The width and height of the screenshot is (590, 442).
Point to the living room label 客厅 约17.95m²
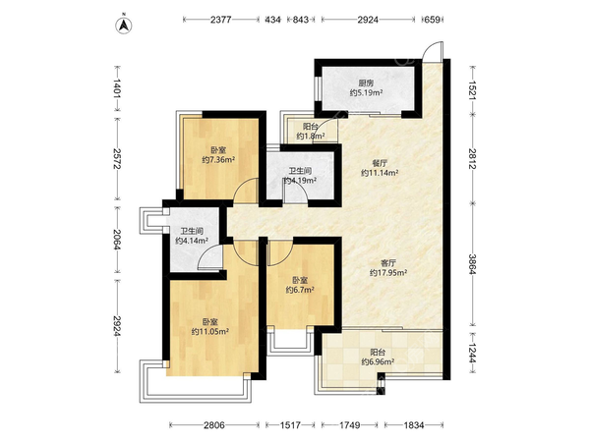coord(388,267)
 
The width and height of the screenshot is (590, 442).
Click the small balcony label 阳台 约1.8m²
coord(310,131)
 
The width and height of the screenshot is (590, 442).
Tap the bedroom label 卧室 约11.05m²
coord(209,326)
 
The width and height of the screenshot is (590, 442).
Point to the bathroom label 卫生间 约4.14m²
coord(192,235)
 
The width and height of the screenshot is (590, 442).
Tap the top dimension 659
coord(432,19)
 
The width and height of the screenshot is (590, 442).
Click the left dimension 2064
coord(117,240)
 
